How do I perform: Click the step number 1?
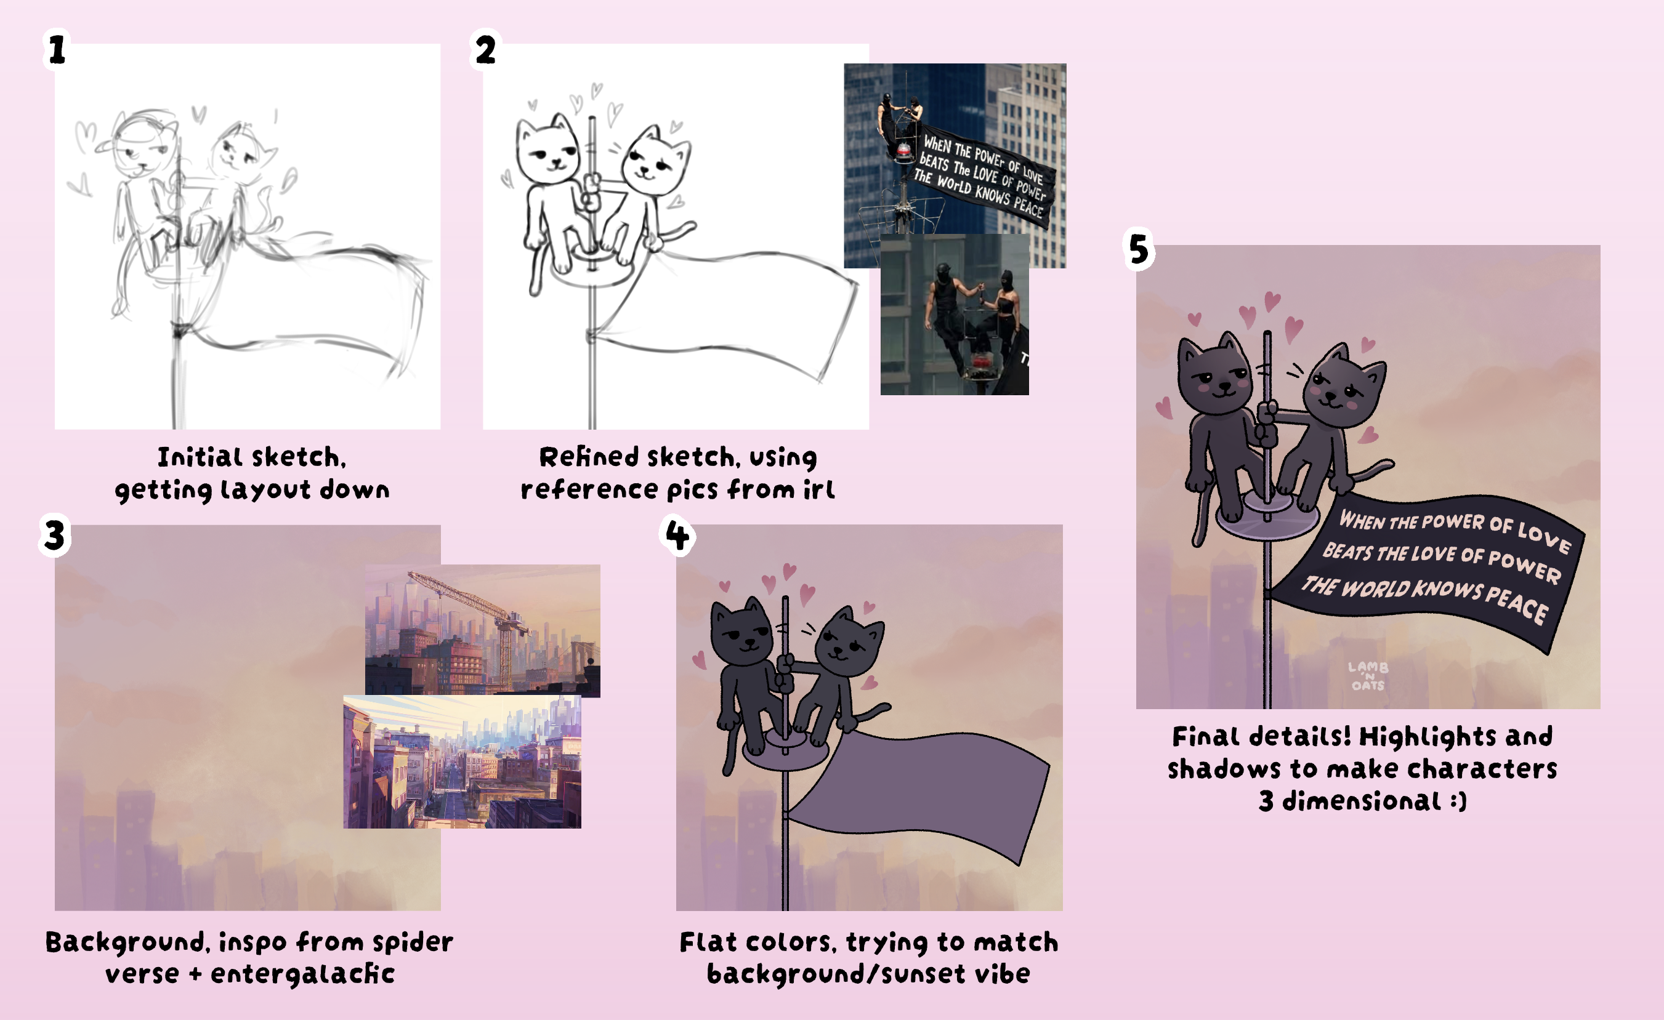(x=57, y=50)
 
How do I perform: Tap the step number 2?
(x=485, y=50)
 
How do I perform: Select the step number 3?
(x=55, y=535)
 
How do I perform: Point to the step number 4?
(x=677, y=536)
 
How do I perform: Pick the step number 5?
(x=1139, y=249)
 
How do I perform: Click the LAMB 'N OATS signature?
(x=1368, y=676)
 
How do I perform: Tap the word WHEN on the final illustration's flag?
(x=1362, y=520)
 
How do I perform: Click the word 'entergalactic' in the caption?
(x=302, y=974)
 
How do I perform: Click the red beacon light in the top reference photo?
(x=903, y=150)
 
